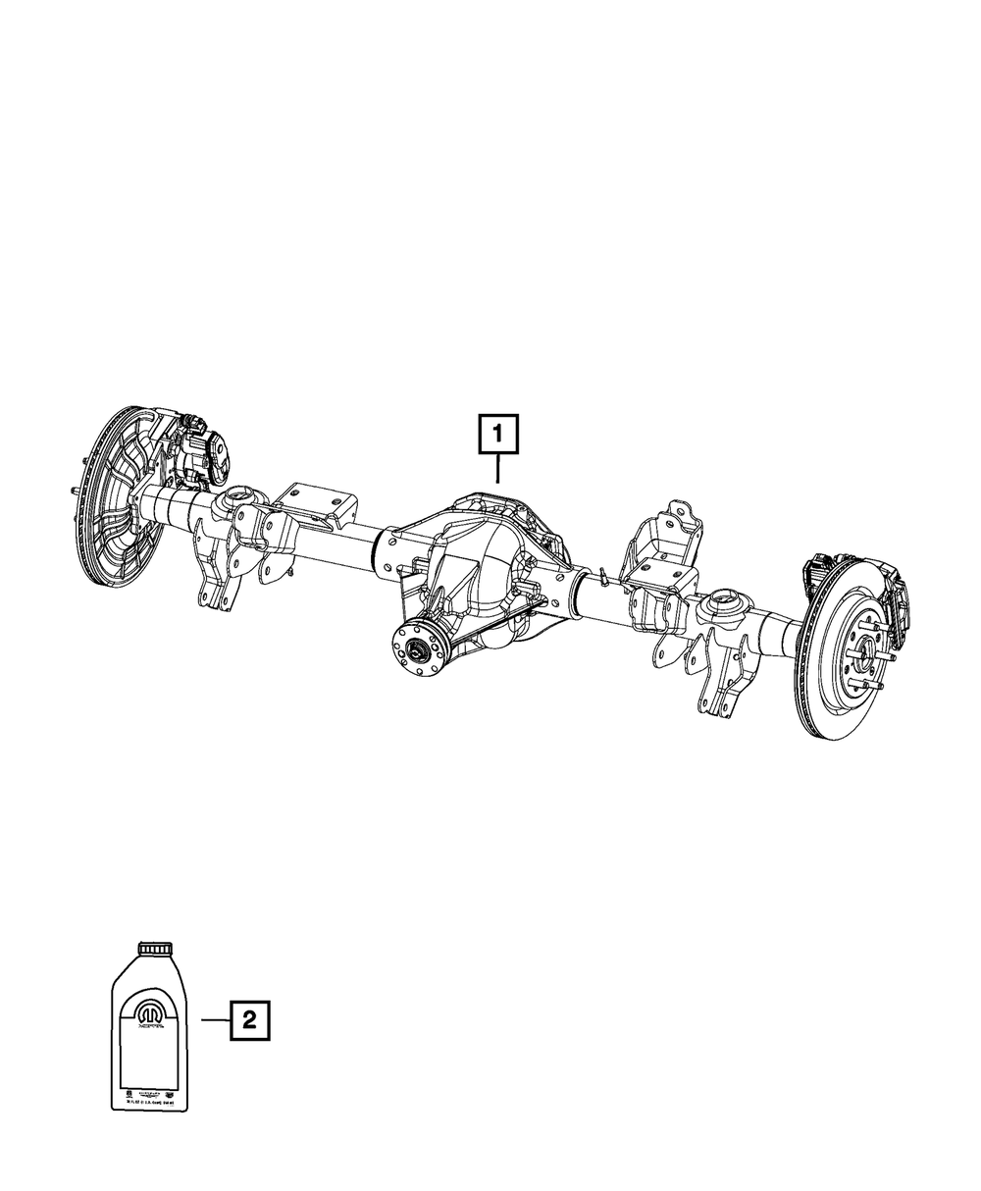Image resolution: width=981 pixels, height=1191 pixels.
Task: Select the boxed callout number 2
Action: click(x=249, y=1020)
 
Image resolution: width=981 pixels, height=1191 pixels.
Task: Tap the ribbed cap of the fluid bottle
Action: click(x=154, y=948)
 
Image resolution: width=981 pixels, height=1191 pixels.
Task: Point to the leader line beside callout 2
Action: click(x=215, y=1020)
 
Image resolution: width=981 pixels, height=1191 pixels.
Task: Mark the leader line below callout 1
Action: click(x=498, y=469)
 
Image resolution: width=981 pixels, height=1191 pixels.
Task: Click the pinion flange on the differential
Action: click(x=418, y=648)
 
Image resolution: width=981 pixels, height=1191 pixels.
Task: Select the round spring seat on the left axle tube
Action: click(x=240, y=500)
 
